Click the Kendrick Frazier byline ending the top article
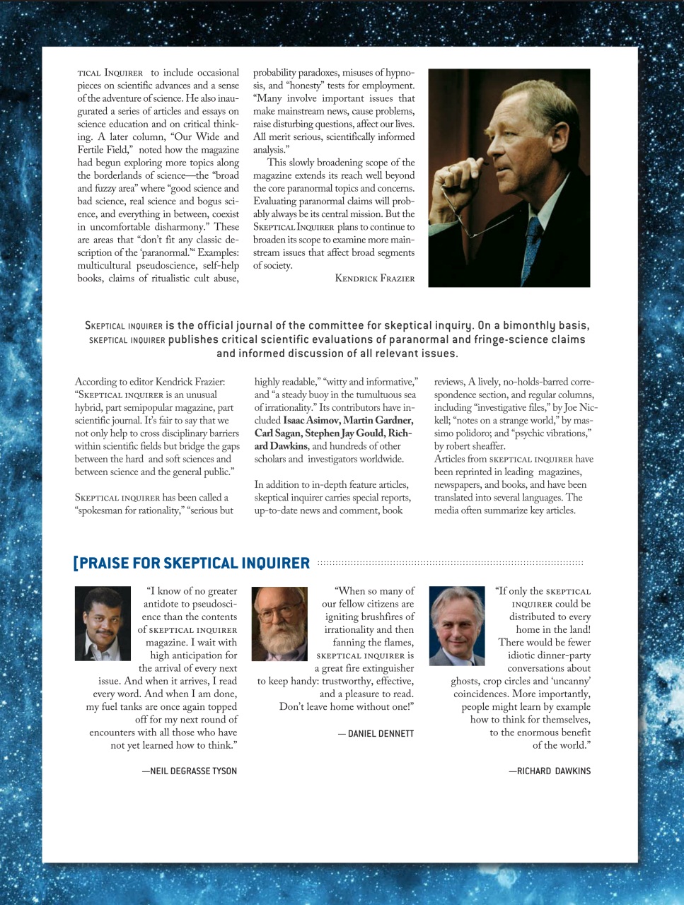coord(374,278)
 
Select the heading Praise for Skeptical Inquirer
coord(192,564)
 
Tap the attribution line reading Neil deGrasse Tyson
coord(189,771)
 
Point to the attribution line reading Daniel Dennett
coord(376,733)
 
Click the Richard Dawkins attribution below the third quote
coord(549,771)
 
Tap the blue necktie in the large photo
coord(531,240)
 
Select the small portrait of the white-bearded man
coord(279,624)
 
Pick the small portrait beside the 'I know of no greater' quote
coord(103,624)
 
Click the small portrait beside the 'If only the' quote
coord(456,626)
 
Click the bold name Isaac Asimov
coord(311,421)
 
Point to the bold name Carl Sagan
coord(278,433)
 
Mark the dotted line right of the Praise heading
coord(450,564)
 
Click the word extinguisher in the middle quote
coord(383,668)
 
